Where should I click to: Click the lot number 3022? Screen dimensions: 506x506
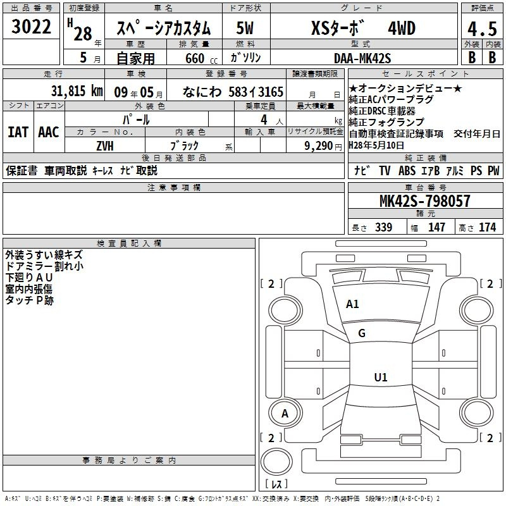click(x=31, y=27)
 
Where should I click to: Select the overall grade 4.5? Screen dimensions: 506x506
click(x=483, y=28)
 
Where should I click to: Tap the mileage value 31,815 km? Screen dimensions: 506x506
click(x=77, y=91)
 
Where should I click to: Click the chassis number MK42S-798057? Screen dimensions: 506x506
click(x=424, y=201)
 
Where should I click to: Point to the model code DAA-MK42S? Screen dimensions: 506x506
click(x=362, y=58)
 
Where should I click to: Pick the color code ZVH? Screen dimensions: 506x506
click(x=105, y=146)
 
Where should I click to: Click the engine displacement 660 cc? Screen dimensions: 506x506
click(x=201, y=58)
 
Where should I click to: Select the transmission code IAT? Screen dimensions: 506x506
click(x=18, y=132)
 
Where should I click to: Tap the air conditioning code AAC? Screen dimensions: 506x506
click(x=49, y=132)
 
